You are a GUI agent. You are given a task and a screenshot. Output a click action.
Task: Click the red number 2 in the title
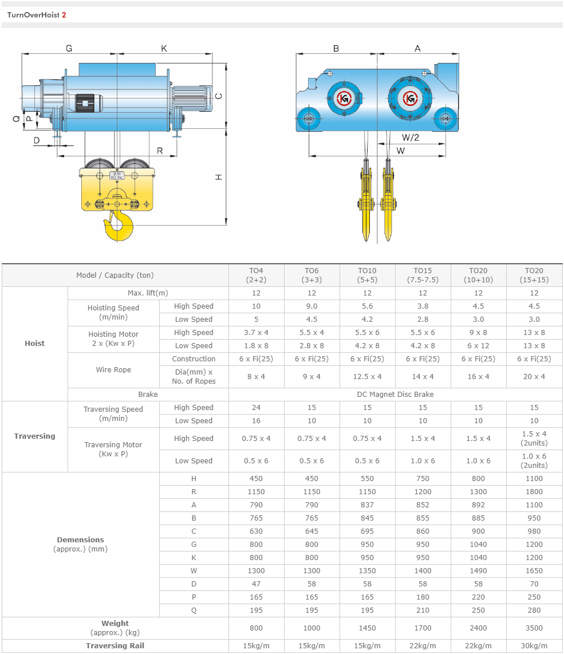(64, 15)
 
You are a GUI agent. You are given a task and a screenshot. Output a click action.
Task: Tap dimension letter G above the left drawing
(69, 48)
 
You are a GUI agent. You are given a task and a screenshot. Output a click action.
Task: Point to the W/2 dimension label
(411, 137)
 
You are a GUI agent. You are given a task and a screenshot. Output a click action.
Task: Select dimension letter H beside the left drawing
(219, 178)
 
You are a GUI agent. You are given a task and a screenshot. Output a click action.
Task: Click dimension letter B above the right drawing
(336, 48)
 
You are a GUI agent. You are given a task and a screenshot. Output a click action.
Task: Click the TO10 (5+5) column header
(367, 275)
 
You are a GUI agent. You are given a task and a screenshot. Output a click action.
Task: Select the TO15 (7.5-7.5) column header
(423, 275)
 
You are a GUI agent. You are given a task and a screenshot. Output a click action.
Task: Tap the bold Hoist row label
(34, 343)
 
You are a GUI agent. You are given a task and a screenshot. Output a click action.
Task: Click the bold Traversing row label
(34, 436)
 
